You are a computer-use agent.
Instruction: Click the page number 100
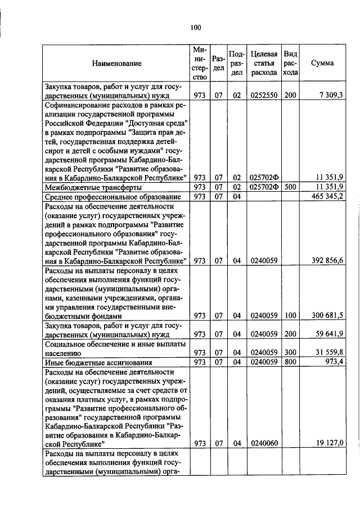click(196, 27)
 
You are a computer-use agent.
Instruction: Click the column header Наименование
click(118, 64)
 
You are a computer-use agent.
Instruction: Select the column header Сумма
click(322, 63)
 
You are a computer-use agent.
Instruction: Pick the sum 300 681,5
click(328, 316)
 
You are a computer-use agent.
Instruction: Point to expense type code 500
click(290, 187)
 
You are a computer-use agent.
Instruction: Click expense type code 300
click(290, 353)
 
